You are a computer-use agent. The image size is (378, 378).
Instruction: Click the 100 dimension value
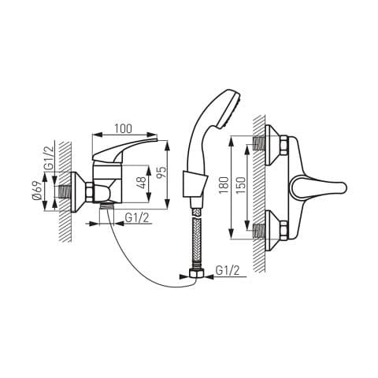click(x=123, y=128)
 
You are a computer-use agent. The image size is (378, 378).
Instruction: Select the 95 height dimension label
click(x=162, y=172)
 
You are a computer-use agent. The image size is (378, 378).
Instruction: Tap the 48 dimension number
click(x=142, y=183)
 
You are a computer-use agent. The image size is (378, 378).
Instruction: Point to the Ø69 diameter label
click(x=37, y=191)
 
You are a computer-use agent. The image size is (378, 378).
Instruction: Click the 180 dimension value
click(x=224, y=185)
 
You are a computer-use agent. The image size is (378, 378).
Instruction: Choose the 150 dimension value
click(x=241, y=185)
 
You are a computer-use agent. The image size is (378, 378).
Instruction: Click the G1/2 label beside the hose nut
click(x=228, y=270)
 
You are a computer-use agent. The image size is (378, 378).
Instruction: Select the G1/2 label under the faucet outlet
click(x=137, y=217)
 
